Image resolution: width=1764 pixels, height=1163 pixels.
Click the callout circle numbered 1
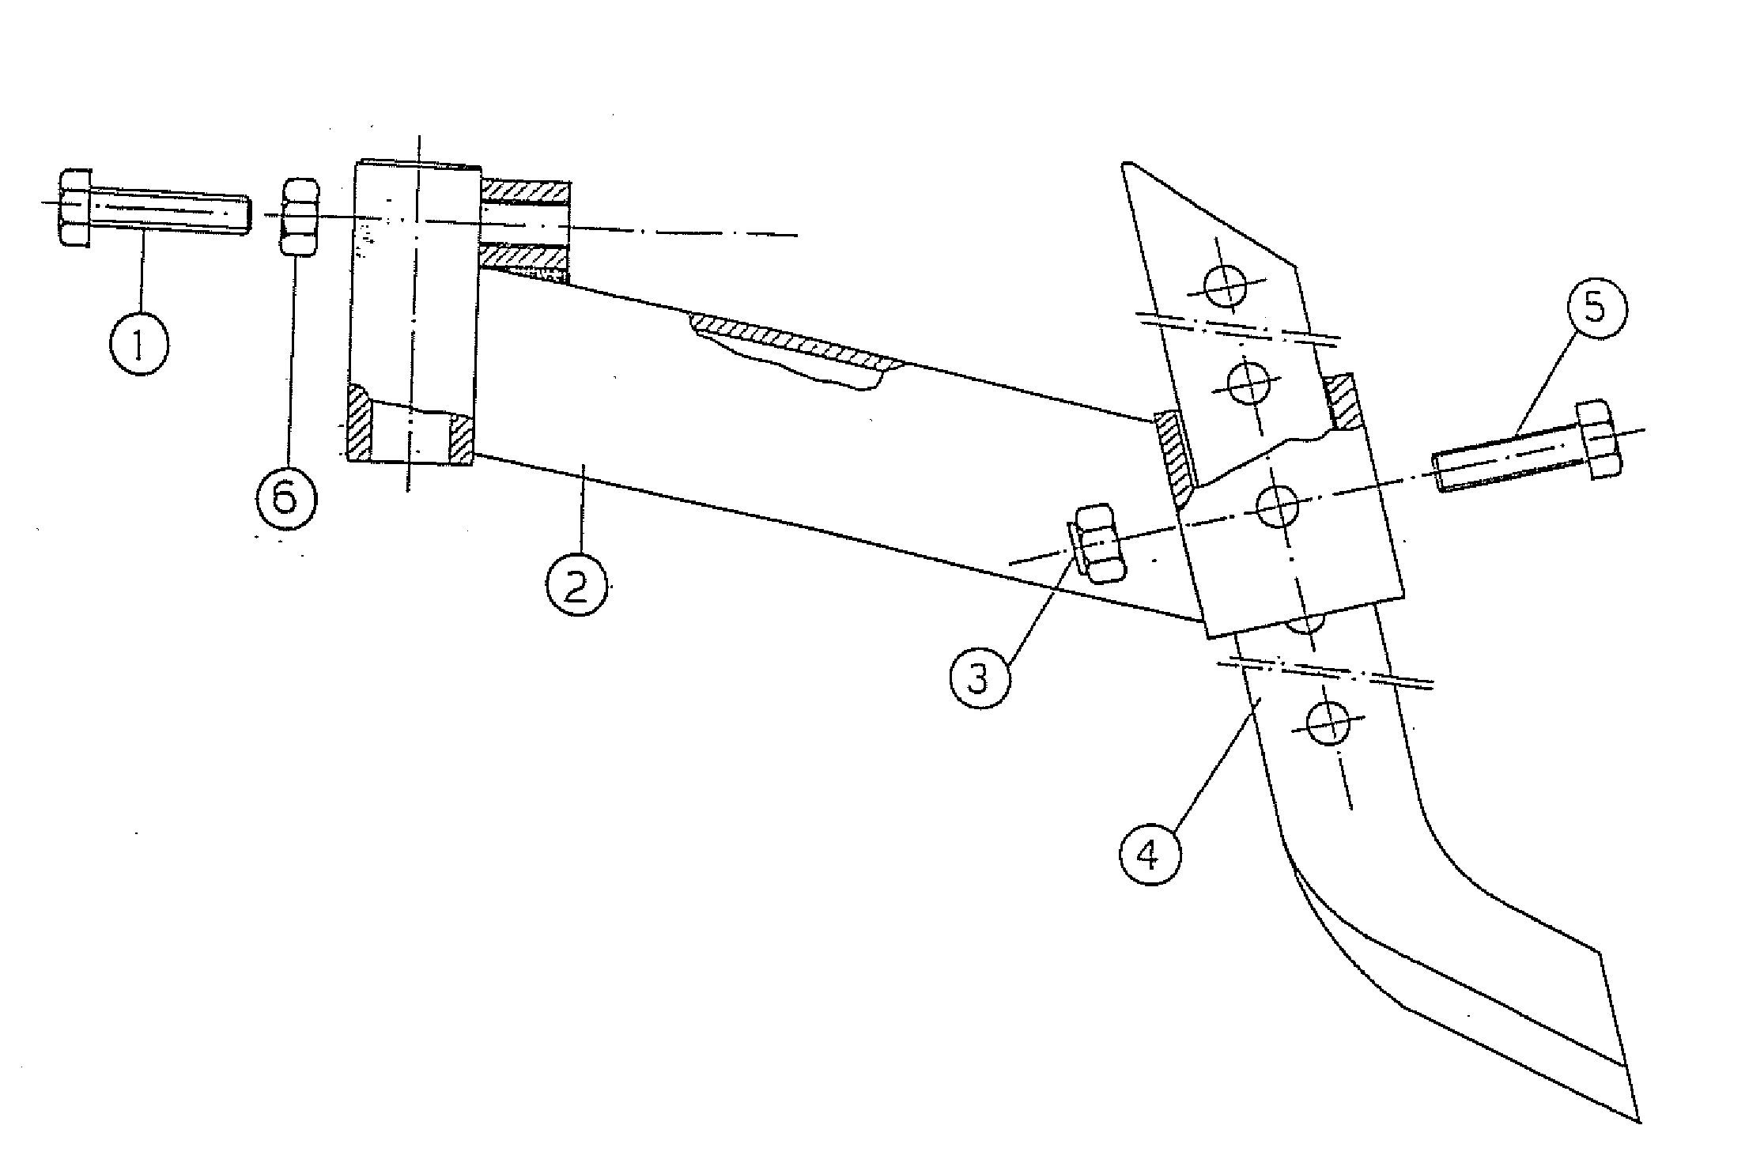139,345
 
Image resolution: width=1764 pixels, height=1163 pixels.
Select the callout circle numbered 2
578,584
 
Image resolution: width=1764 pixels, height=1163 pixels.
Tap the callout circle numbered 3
980,677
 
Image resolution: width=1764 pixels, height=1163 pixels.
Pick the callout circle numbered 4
1150,854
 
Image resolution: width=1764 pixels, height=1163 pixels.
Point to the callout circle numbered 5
1596,307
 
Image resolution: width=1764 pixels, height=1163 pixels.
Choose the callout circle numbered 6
285,497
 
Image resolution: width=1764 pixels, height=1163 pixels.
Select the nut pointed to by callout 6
300,217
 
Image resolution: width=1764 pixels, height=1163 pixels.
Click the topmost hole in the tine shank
1224,286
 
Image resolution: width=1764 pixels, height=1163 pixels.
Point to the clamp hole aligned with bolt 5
1277,507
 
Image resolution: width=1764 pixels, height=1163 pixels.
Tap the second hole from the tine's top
1250,384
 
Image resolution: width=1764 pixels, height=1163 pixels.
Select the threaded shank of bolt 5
1506,460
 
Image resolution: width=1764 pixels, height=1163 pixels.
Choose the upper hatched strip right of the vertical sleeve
524,191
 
